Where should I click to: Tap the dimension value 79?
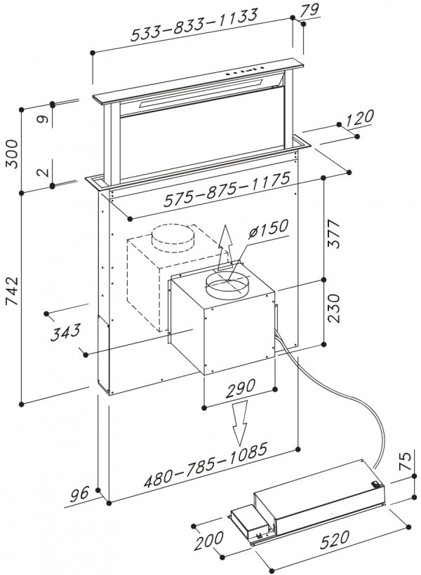pos(311,10)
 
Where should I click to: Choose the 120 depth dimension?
pos(360,117)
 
